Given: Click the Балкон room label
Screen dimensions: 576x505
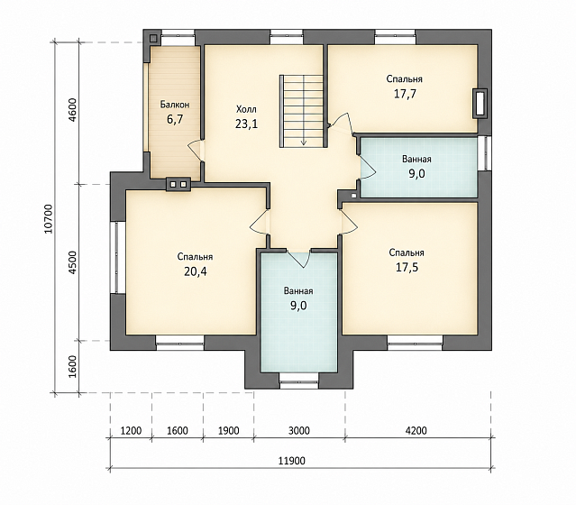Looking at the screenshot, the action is tap(175, 105).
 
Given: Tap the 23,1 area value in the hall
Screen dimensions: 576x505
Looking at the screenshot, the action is tap(246, 124).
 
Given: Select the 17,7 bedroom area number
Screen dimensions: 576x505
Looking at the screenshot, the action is tap(405, 94).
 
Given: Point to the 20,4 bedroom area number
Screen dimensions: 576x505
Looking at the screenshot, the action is tap(196, 271).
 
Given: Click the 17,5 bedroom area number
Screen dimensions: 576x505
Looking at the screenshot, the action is tap(407, 267).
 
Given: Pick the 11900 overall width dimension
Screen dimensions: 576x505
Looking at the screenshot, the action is tap(291, 461).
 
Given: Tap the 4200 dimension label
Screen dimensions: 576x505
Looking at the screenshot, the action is tap(416, 430).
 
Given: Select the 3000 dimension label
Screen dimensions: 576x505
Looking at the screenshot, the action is tap(298, 430).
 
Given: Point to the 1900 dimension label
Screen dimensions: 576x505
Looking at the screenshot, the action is tap(228, 430).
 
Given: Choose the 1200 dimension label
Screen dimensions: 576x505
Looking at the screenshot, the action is tap(131, 430).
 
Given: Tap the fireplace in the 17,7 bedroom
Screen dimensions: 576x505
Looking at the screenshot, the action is tap(480, 104).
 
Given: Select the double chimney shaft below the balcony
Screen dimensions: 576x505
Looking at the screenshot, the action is tap(178, 184).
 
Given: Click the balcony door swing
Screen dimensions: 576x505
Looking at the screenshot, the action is tap(196, 151).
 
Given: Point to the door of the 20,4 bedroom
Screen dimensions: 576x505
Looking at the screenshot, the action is tap(260, 221).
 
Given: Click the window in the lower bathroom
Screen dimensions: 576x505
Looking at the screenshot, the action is tap(298, 381).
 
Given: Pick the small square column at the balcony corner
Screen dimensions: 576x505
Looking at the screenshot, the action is tap(153, 38).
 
